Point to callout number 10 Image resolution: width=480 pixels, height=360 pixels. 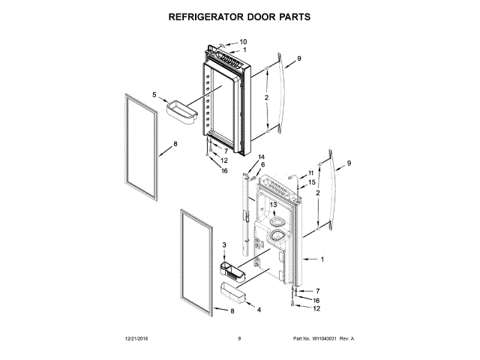coord(243,41)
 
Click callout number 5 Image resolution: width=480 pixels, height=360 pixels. coord(154,95)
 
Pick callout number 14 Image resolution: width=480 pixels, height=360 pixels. coord(262,164)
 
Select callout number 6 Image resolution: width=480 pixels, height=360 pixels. coord(262,164)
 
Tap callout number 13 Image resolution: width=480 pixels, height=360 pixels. coord(274,205)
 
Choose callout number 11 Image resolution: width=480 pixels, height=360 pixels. coord(311,173)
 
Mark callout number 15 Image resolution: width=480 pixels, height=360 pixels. coord(312,182)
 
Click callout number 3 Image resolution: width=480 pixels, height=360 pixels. coord(223,245)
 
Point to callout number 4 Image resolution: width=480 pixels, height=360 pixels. coord(259,309)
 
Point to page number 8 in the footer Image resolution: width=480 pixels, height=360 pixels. coord(239,339)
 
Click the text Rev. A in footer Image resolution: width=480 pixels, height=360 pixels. coord(347,339)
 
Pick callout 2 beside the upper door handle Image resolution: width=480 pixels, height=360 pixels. coord(265,99)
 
